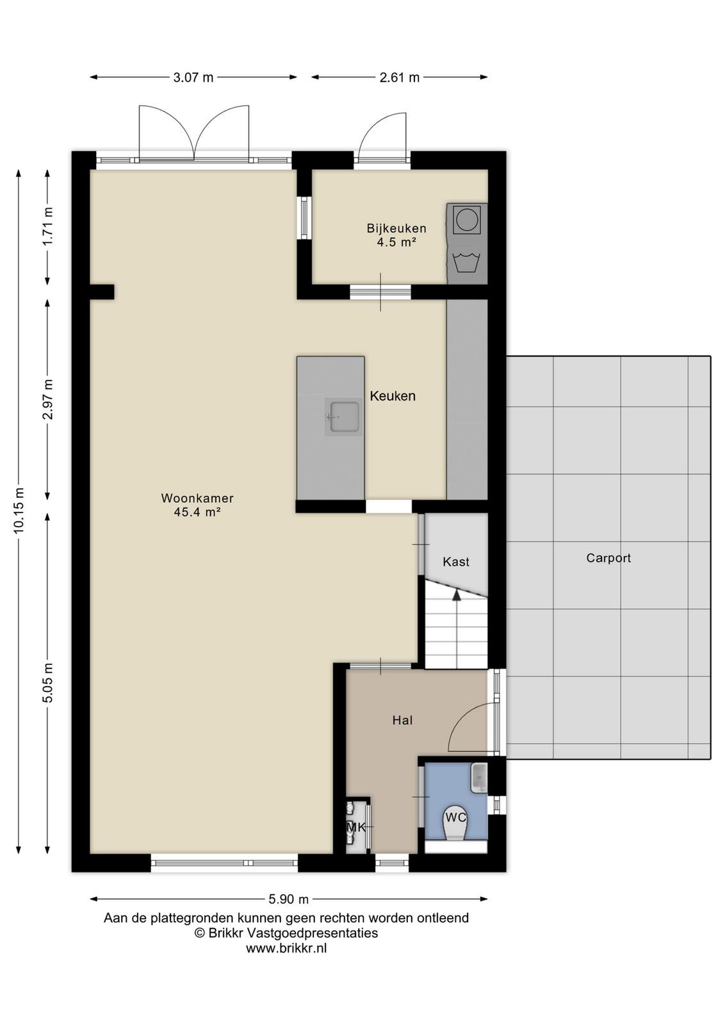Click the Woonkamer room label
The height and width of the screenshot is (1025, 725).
pos(197,498)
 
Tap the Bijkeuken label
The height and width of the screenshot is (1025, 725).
pos(396,228)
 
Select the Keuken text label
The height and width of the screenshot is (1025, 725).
pos(393,396)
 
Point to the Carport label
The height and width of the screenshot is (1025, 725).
pos(608,558)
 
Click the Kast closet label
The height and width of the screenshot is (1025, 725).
pos(456,562)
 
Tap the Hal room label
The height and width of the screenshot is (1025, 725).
pos(402,721)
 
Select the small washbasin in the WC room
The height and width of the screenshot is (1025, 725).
pos(478,778)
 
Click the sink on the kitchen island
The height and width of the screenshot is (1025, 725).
pos(343,416)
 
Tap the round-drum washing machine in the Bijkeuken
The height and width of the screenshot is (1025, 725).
pos(466,218)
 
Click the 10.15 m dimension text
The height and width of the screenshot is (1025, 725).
pos(19,510)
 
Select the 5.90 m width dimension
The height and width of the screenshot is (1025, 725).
pos(289,899)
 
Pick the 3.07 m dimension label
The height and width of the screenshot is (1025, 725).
pos(193,78)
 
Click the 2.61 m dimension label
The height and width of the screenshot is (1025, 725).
pos(399,78)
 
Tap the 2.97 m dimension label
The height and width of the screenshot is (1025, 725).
pos(48,399)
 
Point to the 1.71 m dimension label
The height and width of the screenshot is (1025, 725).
pos(48,227)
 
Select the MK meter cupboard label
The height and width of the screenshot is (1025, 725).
pos(356,827)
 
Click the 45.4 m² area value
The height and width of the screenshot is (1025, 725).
pos(197,512)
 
